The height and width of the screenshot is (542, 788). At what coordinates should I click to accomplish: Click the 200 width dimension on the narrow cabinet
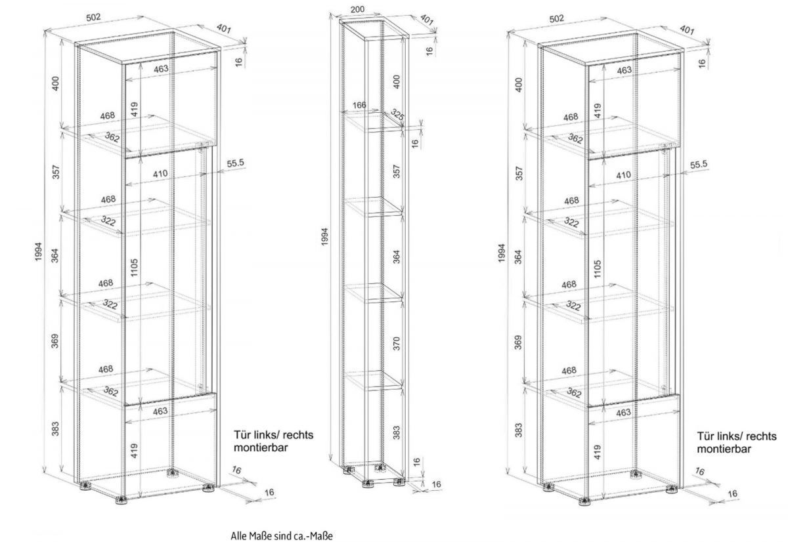tap(357, 9)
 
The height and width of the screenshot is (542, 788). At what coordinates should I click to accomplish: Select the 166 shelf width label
tap(359, 105)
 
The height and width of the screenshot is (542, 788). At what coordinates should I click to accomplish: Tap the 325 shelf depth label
tap(397, 115)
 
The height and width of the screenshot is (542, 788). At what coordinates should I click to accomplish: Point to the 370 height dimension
tap(397, 343)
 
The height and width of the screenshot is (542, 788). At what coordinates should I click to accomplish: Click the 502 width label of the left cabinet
tap(93, 17)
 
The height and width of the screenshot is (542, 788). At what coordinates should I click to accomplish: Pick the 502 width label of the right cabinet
tap(557, 18)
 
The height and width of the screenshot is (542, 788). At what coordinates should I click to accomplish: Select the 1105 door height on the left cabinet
tap(135, 268)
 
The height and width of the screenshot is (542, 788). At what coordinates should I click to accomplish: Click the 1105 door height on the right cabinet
tap(598, 269)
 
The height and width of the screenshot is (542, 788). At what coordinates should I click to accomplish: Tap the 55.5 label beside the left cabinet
tap(235, 163)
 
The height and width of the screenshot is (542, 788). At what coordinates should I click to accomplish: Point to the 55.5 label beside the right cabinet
tap(699, 165)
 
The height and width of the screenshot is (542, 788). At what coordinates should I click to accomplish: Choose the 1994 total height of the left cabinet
tap(38, 251)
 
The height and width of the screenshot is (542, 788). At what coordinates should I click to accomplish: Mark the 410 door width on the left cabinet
tap(160, 174)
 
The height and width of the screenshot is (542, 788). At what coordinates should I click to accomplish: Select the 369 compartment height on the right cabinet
tap(518, 343)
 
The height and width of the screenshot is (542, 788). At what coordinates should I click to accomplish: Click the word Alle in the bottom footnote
tap(238, 536)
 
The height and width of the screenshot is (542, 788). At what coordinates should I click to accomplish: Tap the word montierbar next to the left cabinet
tap(261, 448)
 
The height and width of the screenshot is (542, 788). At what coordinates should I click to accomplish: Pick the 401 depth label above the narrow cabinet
tap(426, 20)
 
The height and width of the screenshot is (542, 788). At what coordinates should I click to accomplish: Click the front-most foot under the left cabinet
tap(121, 500)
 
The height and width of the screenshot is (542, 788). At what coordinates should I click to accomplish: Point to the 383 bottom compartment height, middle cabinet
tap(397, 432)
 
